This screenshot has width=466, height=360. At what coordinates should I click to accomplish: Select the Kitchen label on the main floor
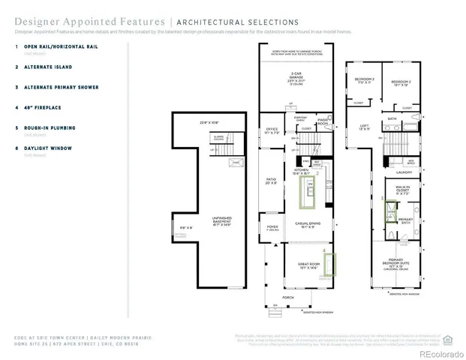[x=302, y=172]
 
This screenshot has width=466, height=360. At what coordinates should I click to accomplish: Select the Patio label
[x=272, y=181]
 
